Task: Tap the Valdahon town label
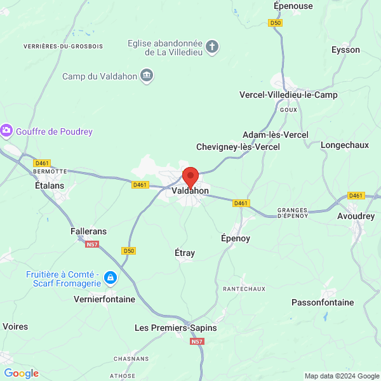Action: tap(190, 190)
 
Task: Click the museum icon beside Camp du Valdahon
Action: tap(147, 76)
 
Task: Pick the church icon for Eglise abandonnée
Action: tap(212, 46)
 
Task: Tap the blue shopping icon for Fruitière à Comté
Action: tap(110, 277)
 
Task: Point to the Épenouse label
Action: tap(293, 6)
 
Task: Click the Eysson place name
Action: tap(345, 50)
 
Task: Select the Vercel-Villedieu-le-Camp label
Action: tap(288, 95)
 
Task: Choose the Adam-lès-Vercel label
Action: tap(276, 135)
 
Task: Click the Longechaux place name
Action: tap(345, 145)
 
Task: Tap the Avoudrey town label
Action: tap(356, 217)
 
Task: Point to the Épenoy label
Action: tap(236, 238)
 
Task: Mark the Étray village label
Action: tap(185, 253)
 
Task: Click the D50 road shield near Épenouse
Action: tap(275, 23)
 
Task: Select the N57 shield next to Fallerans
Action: tap(93, 244)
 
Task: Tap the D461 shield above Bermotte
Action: tap(43, 163)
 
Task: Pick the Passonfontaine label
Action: tap(323, 302)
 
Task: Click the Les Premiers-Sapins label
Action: tap(176, 328)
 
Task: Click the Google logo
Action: tap(21, 373)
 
